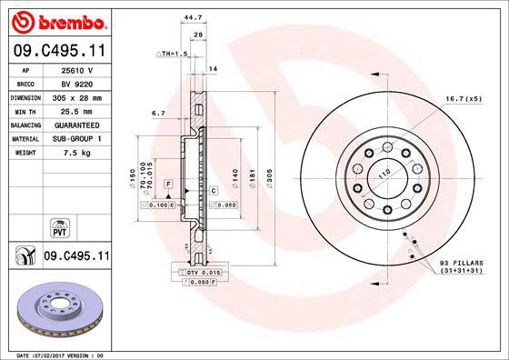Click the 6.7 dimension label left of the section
(158, 115)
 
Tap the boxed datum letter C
(213, 190)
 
